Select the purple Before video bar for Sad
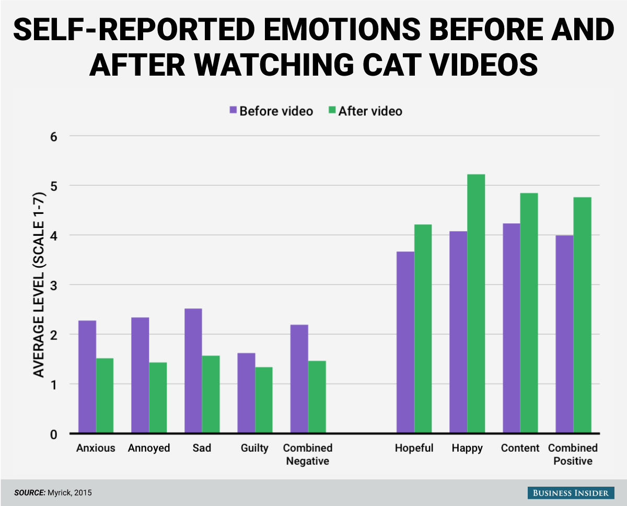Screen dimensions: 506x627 [193, 371]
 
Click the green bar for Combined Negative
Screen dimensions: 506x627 [317, 397]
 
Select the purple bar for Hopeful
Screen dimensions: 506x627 [405, 342]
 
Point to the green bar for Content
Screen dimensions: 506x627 [529, 313]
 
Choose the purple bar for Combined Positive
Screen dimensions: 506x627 [564, 334]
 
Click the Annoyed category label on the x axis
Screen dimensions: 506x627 [149, 449]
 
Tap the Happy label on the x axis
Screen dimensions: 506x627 [468, 449]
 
